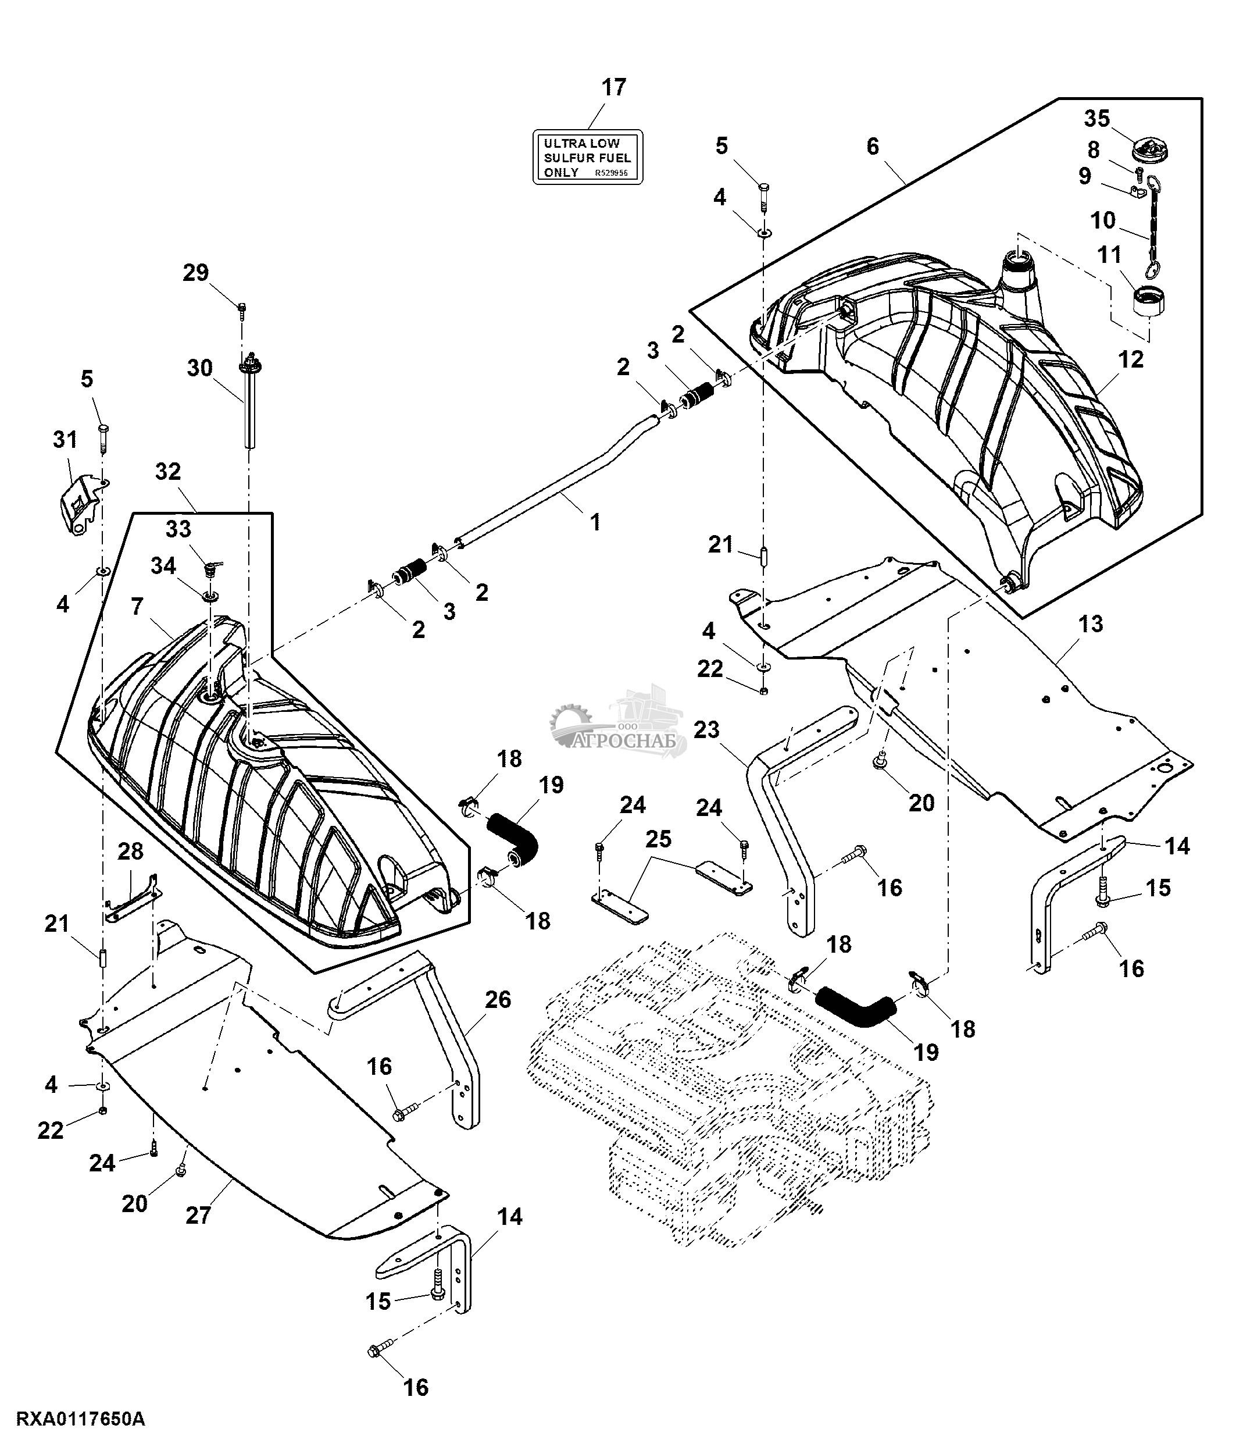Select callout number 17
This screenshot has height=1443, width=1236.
pyautogui.click(x=614, y=88)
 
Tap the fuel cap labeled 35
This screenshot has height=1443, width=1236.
pyautogui.click(x=1151, y=149)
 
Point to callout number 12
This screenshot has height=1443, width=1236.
pyautogui.click(x=1131, y=359)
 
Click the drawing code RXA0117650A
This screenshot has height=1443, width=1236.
pyautogui.click(x=81, y=1419)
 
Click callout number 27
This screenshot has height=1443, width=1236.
pyautogui.click(x=198, y=1215)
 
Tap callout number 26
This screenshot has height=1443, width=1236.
pyautogui.click(x=498, y=999)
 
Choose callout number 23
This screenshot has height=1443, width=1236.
pyautogui.click(x=706, y=729)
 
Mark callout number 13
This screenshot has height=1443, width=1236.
pyautogui.click(x=1091, y=623)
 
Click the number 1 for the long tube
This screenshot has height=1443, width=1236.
pyautogui.click(x=595, y=522)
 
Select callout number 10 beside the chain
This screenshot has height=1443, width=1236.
pyautogui.click(x=1102, y=221)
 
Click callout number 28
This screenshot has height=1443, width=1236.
pyautogui.click(x=130, y=851)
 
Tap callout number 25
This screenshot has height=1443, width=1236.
pyautogui.click(x=658, y=839)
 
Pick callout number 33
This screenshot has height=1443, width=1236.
pyautogui.click(x=178, y=529)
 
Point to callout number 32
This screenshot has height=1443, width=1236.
pyautogui.click(x=167, y=472)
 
